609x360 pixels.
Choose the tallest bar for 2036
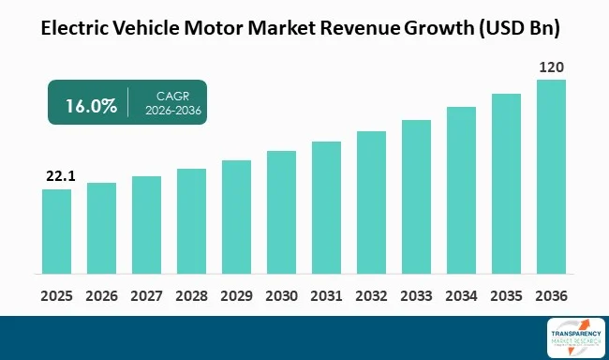pyautogui.click(x=551, y=178)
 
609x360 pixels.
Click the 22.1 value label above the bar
pyautogui.click(x=56, y=176)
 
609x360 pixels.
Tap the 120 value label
pyautogui.click(x=551, y=67)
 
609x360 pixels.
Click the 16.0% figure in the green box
pyautogui.click(x=91, y=105)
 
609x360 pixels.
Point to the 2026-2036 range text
pyautogui.click(x=171, y=112)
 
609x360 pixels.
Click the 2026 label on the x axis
pyautogui.click(x=101, y=295)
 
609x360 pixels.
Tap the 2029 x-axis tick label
pyautogui.click(x=236, y=295)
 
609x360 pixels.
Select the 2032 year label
pyautogui.click(x=371, y=295)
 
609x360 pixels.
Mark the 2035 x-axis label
pyautogui.click(x=506, y=295)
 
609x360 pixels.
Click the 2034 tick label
pyautogui.click(x=461, y=295)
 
